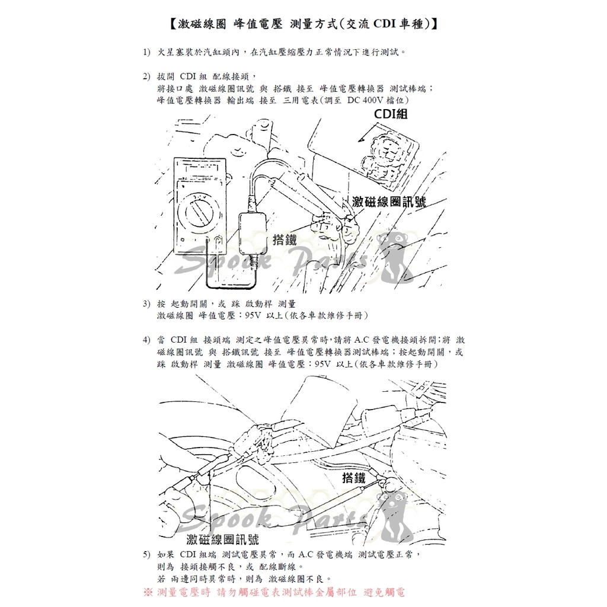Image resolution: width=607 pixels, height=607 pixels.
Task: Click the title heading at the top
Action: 303,24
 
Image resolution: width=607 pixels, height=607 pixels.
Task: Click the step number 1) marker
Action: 146,53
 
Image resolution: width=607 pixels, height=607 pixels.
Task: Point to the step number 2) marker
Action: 146,76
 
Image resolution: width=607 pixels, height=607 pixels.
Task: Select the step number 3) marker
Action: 146,304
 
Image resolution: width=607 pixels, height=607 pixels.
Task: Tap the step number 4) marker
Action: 146,340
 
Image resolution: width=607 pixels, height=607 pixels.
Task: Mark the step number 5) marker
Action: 146,555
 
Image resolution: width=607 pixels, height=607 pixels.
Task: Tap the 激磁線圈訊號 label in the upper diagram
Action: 388,202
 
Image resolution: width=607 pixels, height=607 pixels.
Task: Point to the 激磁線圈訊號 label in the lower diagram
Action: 222,539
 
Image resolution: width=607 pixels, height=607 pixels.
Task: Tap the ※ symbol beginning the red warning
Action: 148,592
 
